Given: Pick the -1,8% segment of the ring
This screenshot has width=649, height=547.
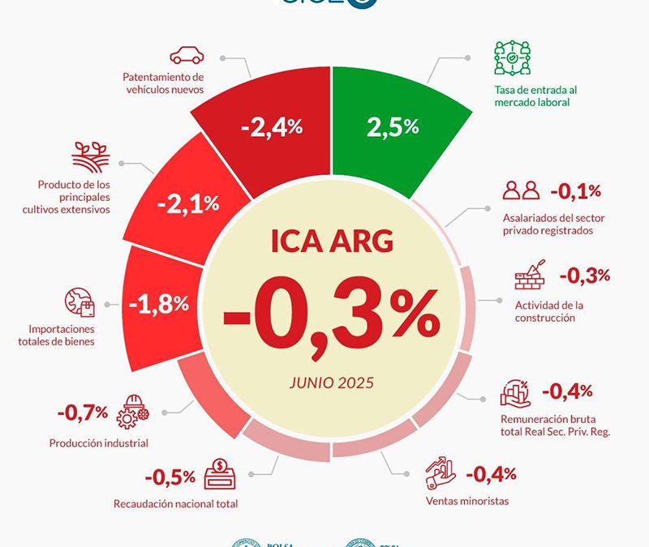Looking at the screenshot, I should (x=159, y=304).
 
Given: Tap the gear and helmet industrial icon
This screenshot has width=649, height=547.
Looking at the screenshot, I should (x=132, y=412).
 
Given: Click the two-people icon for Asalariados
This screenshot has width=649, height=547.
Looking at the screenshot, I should (x=521, y=191).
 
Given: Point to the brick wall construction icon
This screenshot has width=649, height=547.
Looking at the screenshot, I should (x=531, y=276).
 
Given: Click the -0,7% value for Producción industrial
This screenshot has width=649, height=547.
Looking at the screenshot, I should (x=82, y=412).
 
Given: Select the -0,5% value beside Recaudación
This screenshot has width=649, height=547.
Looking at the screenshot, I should (x=170, y=476).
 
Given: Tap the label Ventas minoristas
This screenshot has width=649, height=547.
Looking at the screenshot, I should (x=467, y=501).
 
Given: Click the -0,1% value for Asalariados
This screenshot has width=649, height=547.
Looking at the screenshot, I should (x=575, y=192).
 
